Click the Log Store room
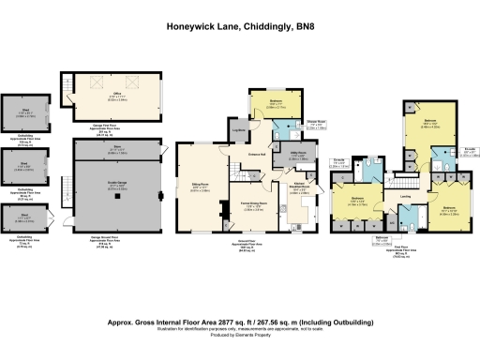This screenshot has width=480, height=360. [x=238, y=130]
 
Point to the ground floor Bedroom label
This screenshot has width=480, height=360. [x=277, y=104]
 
